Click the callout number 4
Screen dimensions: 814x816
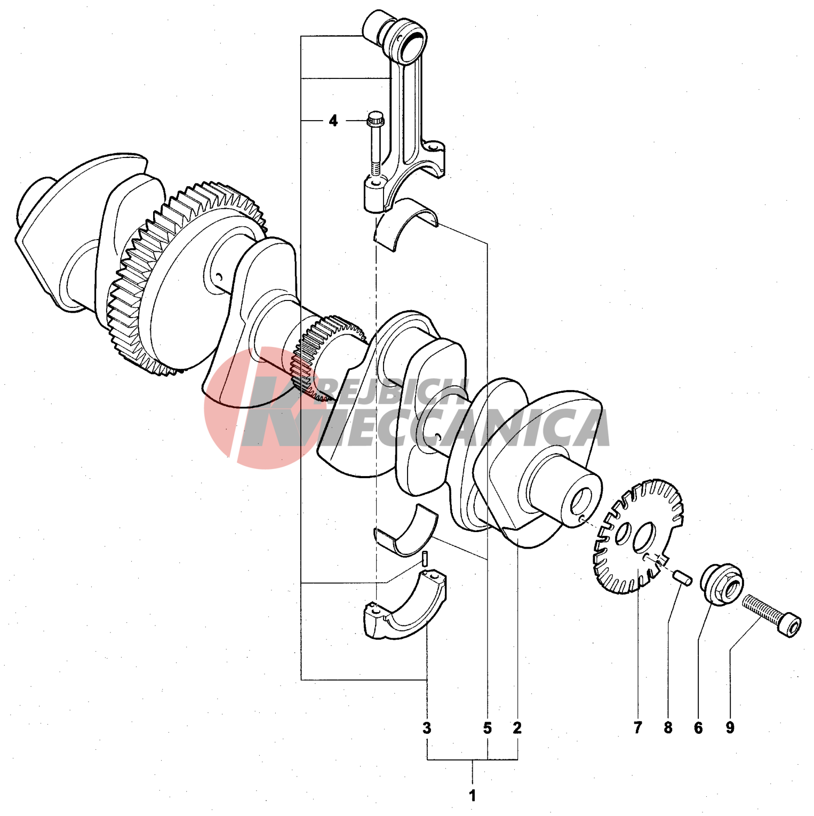click(333, 121)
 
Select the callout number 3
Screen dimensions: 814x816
click(427, 727)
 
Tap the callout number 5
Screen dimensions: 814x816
click(488, 727)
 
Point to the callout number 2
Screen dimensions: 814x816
click(517, 727)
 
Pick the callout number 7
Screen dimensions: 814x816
click(638, 727)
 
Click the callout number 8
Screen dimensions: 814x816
click(668, 727)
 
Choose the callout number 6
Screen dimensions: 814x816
click(698, 727)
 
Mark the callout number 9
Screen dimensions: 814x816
click(730, 727)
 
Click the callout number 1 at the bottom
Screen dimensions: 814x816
click(472, 796)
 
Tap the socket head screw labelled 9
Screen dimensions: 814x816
click(772, 616)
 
